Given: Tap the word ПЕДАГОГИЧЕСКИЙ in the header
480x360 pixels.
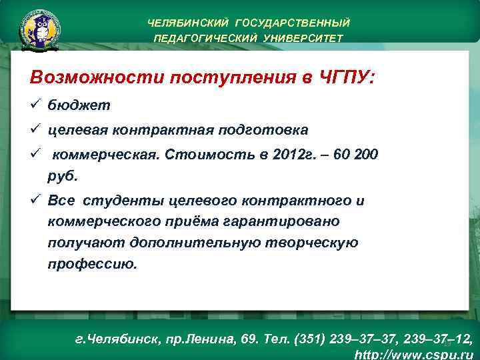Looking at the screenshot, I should coord(201,38).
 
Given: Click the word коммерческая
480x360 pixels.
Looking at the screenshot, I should coord(105,155).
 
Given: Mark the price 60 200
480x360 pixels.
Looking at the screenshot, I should coord(357,155).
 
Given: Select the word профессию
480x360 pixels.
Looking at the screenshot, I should coord(92,263).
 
